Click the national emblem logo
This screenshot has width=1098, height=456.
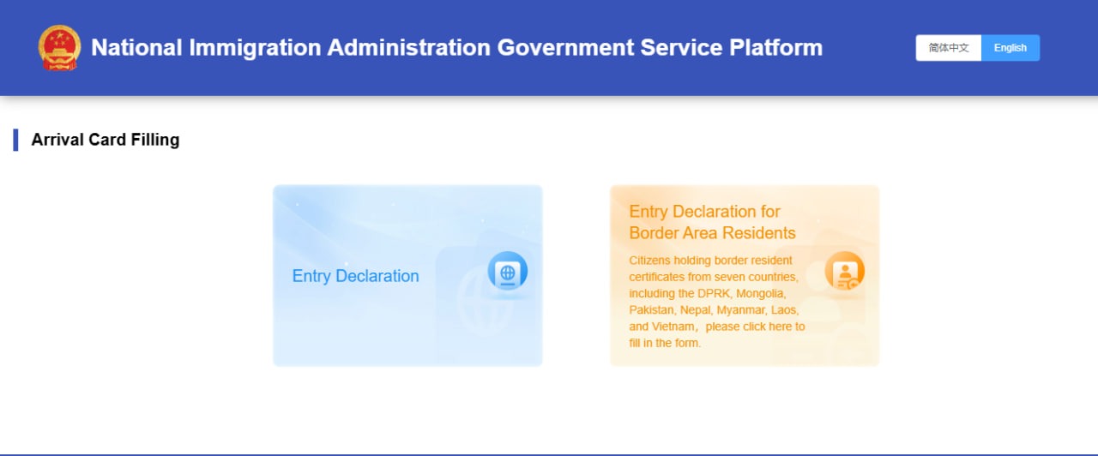(x=59, y=48)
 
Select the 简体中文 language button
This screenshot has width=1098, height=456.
(x=948, y=48)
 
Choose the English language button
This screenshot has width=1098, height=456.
(x=1011, y=48)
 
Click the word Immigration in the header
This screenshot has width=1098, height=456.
(x=255, y=48)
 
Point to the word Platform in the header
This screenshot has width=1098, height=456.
(x=775, y=47)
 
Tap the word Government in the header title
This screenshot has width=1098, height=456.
(x=565, y=47)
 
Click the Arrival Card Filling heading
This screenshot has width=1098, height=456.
(x=106, y=140)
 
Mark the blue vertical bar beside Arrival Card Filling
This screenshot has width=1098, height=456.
(x=15, y=140)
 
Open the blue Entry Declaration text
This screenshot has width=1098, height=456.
(x=355, y=276)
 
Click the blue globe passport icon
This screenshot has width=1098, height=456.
(x=507, y=271)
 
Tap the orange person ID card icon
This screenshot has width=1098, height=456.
(x=844, y=271)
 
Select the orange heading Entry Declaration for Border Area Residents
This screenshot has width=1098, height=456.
(x=712, y=222)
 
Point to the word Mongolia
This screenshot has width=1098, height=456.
(x=761, y=293)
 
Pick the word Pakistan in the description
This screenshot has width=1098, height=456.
(x=651, y=310)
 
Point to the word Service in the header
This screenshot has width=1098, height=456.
(x=681, y=47)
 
